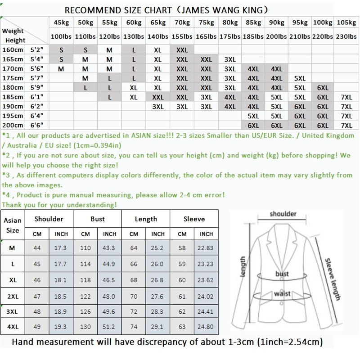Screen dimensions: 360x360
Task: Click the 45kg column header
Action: click(61, 22)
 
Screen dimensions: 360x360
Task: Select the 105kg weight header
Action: click(346, 22)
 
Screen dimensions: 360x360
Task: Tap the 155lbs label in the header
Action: click(182, 36)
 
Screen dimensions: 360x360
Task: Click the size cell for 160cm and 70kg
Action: click(182, 50)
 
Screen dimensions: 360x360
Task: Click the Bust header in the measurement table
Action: click(98, 219)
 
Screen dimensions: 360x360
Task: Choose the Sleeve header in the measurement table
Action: click(194, 219)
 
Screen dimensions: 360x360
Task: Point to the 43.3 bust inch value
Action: click(109, 248)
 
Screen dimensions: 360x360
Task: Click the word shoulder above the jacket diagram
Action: click(283, 214)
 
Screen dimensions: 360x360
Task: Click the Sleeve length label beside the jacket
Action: click(332, 279)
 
